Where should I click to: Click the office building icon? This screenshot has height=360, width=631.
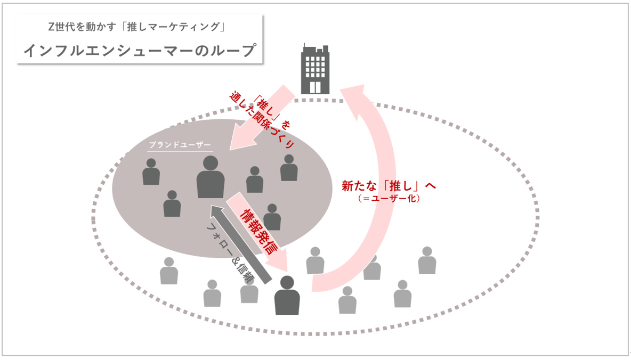(x=315, y=69)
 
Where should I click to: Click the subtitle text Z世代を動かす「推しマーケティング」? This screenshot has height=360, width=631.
(x=140, y=27)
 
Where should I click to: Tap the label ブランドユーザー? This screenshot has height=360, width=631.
(x=180, y=145)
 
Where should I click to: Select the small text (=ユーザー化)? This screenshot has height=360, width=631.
(x=389, y=199)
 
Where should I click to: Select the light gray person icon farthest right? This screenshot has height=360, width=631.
(x=427, y=260)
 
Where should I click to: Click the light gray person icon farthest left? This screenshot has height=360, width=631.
(x=169, y=271)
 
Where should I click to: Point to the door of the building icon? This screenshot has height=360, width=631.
(x=315, y=87)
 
